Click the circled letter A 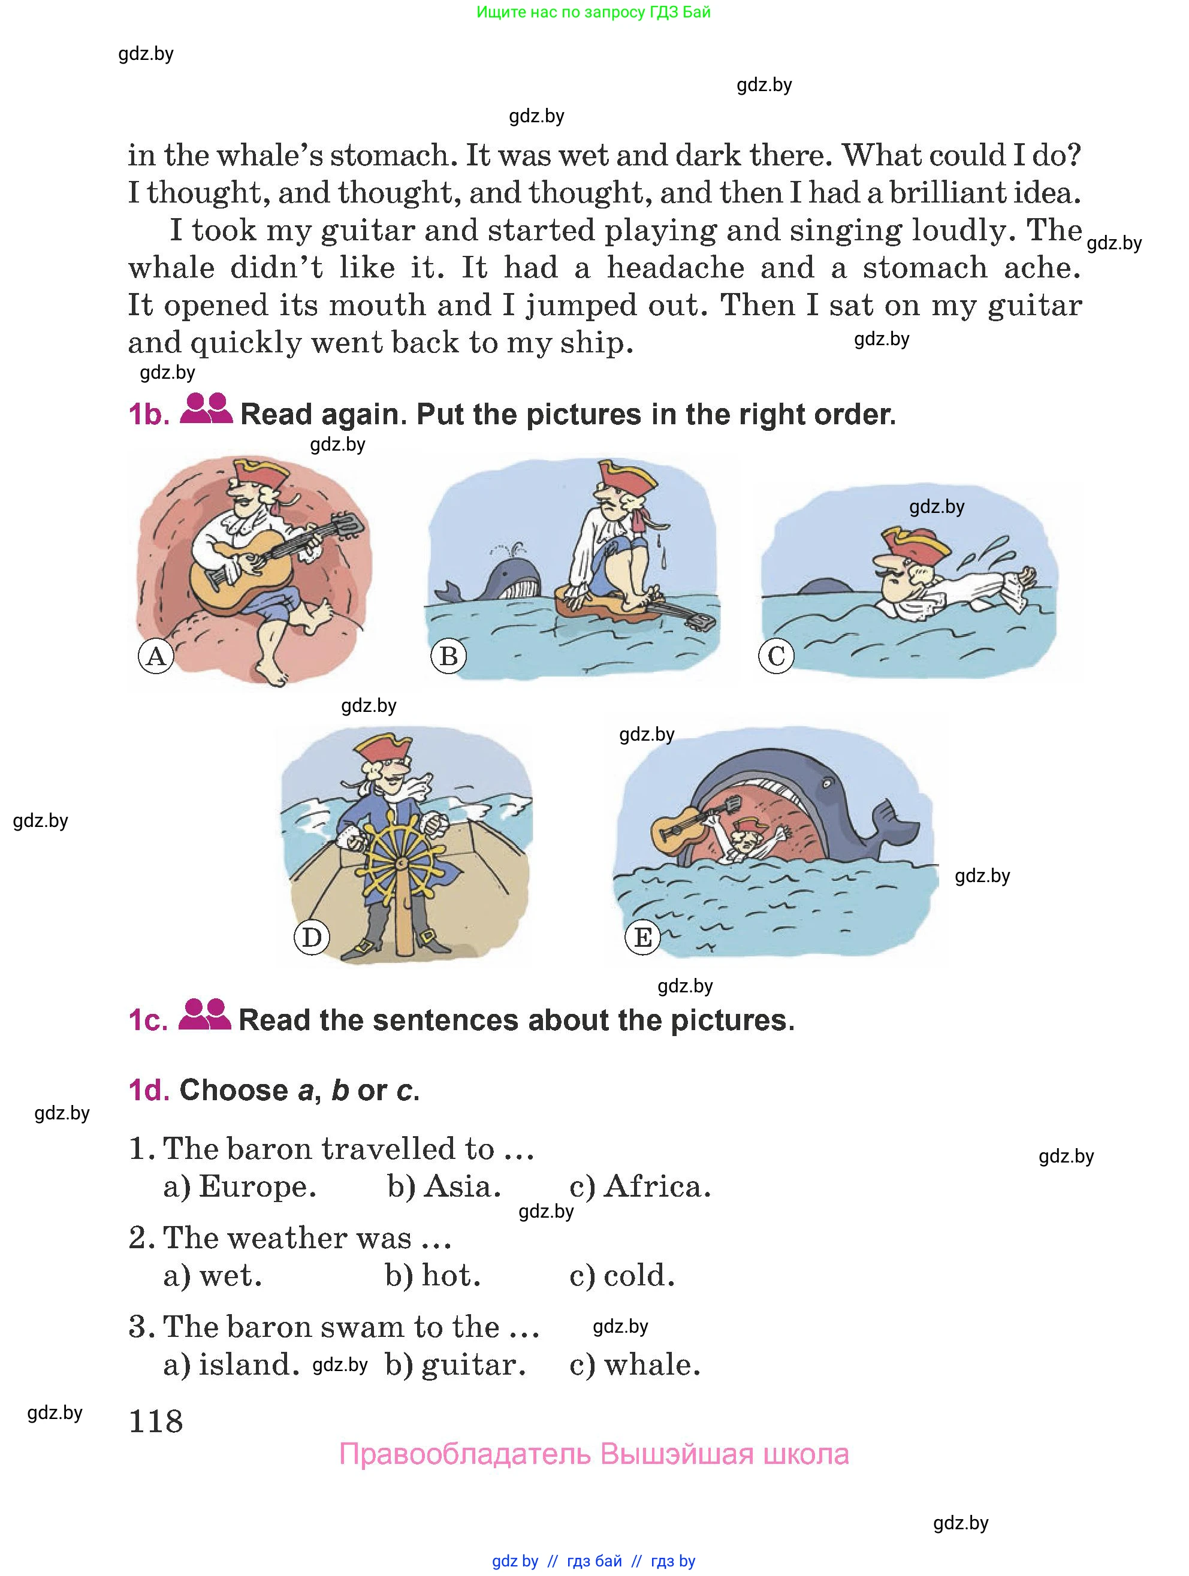tap(156, 656)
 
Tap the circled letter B tap(449, 656)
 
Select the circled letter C tap(776, 656)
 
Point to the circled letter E tap(642, 937)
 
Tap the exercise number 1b tap(149, 415)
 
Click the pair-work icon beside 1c tap(204, 1015)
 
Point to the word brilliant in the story tap(969, 192)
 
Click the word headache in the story tap(675, 268)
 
